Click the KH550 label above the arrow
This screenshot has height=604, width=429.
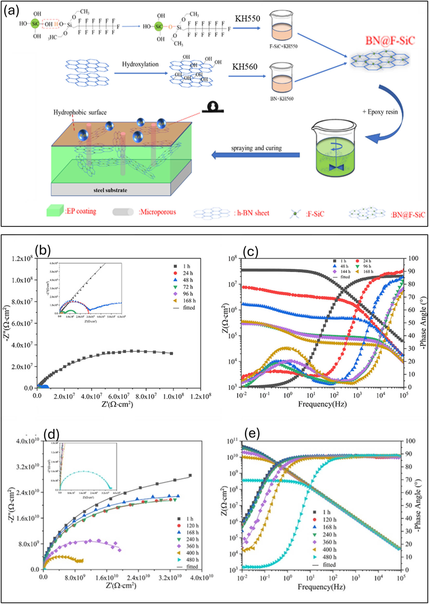(247, 18)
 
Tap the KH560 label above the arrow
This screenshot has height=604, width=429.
(245, 67)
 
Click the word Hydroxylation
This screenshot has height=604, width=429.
(140, 64)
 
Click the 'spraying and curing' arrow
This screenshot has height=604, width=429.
(256, 155)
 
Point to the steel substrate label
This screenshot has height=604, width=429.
(110, 190)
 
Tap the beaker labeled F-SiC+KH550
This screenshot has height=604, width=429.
(282, 29)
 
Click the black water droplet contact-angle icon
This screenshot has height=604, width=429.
(212, 107)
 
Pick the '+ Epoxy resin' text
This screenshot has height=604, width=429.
(380, 112)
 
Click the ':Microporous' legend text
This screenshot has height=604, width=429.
(157, 212)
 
